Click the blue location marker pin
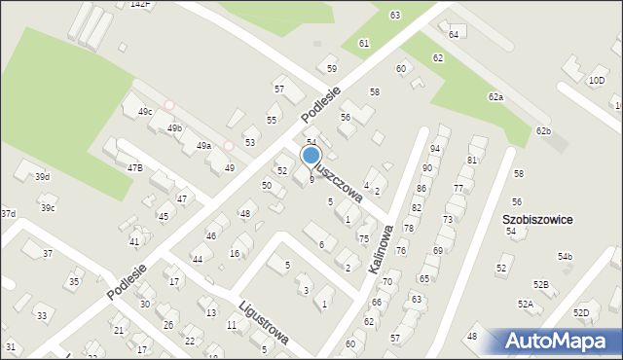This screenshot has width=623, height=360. point(311,156)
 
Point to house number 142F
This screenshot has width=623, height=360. point(141,4)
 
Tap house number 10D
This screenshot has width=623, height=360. point(597,80)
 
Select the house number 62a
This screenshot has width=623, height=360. point(496,97)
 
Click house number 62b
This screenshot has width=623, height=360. point(543,130)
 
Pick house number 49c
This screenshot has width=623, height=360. point(145,112)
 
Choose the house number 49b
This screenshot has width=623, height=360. point(174,128)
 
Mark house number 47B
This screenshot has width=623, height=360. point(134,167)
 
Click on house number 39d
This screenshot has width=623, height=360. point(42,176)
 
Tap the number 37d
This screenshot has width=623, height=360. point(7,213)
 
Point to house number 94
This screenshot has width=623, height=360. point(435,148)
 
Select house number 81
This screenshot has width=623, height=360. point(472,160)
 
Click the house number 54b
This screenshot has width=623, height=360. point(565,257)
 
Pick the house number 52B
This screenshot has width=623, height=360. point(540,283)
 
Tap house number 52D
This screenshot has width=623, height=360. point(581,312)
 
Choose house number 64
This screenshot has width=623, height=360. point(454,34)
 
